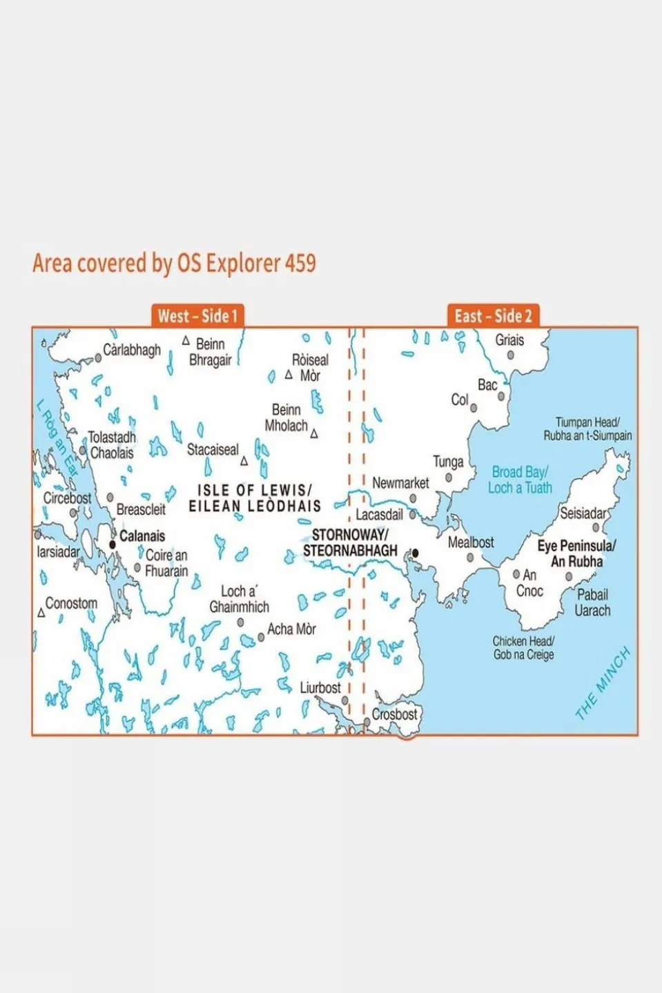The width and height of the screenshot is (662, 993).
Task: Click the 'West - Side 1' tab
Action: (197, 316)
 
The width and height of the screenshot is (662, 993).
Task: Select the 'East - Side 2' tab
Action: (493, 316)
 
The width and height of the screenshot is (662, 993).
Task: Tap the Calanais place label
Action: (142, 536)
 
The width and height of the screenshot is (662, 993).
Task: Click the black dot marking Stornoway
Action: (415, 553)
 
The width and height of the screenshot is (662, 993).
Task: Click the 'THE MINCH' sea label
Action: (603, 682)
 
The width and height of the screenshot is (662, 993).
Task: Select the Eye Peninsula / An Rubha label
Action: (576, 553)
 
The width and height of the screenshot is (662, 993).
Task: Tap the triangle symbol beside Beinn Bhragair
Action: (186, 341)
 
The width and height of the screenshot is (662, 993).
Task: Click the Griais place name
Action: (509, 340)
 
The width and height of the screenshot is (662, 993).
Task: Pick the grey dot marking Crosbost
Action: (367, 722)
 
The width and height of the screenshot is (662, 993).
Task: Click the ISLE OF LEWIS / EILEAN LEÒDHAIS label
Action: (255, 498)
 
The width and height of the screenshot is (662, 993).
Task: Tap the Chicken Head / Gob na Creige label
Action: (523, 648)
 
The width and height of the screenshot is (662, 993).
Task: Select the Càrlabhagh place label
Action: (132, 350)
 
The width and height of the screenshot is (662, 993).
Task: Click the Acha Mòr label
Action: (291, 629)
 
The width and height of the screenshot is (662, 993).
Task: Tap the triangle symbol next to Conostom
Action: (41, 613)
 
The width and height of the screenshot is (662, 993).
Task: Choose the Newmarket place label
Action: (400, 483)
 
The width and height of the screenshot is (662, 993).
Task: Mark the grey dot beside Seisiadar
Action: (596, 528)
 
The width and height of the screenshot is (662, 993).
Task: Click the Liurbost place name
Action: (320, 688)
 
